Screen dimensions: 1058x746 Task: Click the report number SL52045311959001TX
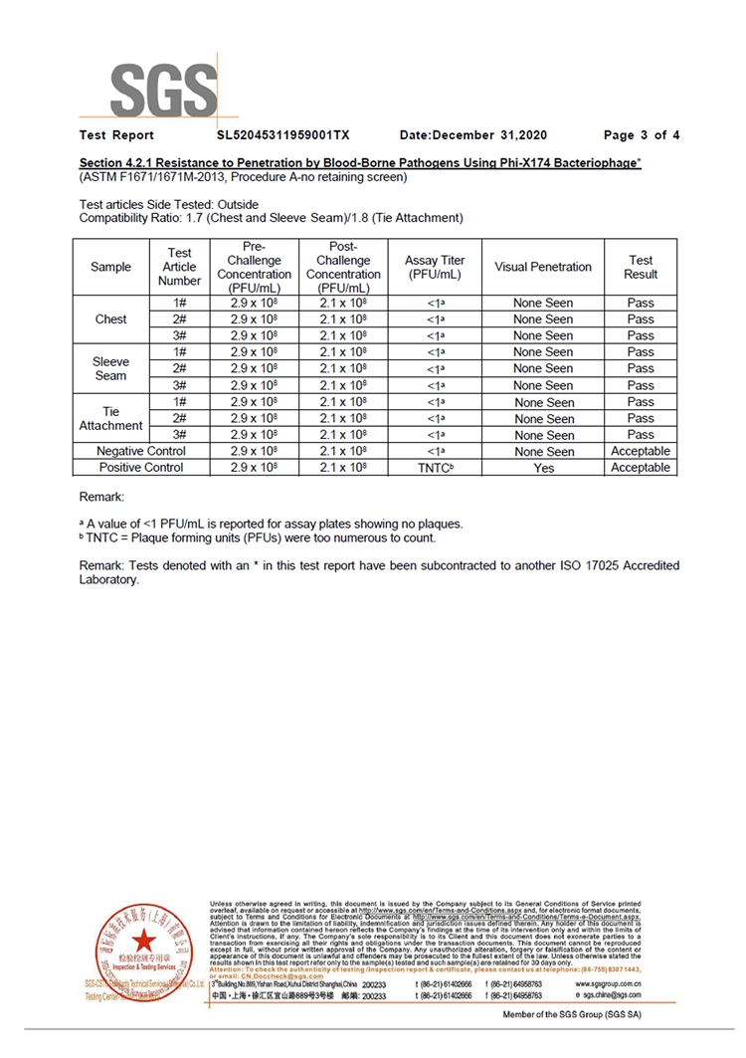[283, 135]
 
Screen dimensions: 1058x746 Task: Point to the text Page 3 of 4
[642, 135]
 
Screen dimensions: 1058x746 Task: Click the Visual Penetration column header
[542, 267]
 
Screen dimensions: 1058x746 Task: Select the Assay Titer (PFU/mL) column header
[435, 267]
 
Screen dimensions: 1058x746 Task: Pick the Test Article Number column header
[179, 267]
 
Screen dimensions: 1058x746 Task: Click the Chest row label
[110, 319]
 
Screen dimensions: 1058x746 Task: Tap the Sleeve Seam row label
[110, 368]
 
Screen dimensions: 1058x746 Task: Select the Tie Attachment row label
[110, 418]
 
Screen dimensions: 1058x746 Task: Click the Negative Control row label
[140, 452]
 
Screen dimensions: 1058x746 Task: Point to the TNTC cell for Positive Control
[435, 468]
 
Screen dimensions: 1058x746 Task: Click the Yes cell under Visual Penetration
[543, 468]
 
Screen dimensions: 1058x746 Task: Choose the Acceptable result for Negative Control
[641, 452]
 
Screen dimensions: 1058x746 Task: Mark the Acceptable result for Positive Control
[641, 468]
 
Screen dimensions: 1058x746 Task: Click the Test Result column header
[641, 267]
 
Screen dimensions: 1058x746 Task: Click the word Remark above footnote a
[101, 497]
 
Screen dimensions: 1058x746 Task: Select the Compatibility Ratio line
[271, 218]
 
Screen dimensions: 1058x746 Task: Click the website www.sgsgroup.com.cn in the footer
[608, 982]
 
